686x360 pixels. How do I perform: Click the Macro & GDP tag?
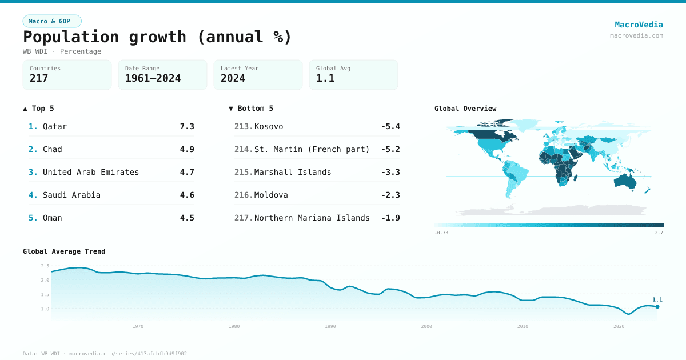[x=52, y=21]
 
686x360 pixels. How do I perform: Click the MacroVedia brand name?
[x=639, y=25]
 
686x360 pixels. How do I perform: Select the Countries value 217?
[x=39, y=78]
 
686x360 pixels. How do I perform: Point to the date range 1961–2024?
[x=153, y=78]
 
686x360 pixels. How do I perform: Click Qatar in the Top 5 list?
[x=55, y=126]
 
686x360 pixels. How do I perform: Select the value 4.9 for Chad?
[x=187, y=149]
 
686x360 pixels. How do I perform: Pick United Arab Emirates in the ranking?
[x=91, y=172]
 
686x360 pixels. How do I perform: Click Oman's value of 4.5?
[x=187, y=218]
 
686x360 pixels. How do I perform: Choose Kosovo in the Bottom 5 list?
[x=269, y=126]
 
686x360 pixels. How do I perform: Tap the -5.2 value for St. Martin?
[x=390, y=149]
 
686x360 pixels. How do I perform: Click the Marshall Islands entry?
[x=293, y=172]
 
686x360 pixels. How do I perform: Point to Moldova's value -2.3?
[x=390, y=195]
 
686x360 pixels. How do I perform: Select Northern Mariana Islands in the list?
[x=312, y=218]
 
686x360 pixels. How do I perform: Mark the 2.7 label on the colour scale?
[x=659, y=233]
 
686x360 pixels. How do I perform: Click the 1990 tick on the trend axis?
[x=330, y=326]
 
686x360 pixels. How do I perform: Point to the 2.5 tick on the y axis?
[x=45, y=266]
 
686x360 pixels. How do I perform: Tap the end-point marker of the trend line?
[x=657, y=307]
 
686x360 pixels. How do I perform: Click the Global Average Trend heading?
[x=64, y=251]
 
